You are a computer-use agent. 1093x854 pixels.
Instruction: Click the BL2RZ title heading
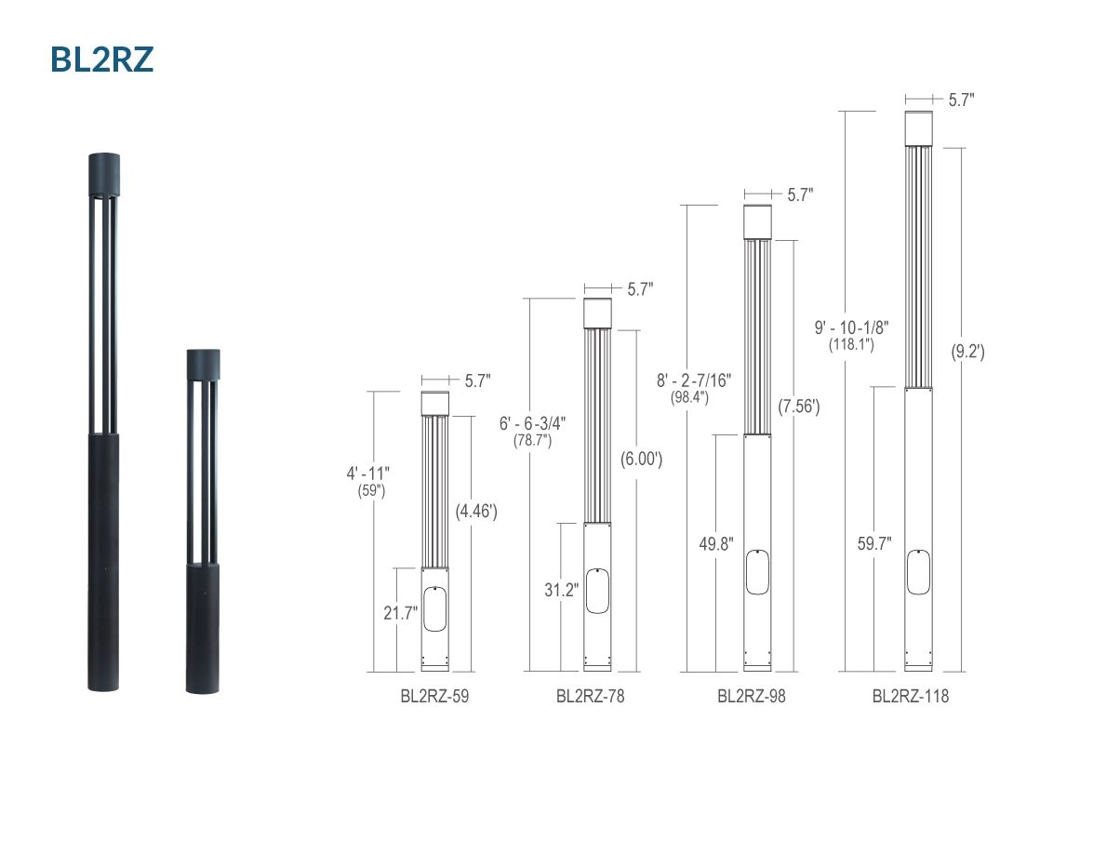pyautogui.click(x=101, y=60)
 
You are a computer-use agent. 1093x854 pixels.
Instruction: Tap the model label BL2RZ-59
pyautogui.click(x=434, y=696)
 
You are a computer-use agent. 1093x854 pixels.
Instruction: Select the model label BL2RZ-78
pyautogui.click(x=591, y=696)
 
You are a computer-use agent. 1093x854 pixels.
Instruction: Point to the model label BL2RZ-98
pyautogui.click(x=752, y=696)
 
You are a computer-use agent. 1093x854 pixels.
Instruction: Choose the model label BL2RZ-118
pyautogui.click(x=911, y=696)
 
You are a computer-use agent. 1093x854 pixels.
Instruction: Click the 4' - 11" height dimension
pyautogui.click(x=368, y=474)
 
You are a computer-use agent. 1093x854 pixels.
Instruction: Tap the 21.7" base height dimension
pyautogui.click(x=401, y=613)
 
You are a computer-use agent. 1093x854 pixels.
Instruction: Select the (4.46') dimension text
pyautogui.click(x=476, y=511)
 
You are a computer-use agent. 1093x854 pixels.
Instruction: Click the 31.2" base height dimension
pyautogui.click(x=562, y=590)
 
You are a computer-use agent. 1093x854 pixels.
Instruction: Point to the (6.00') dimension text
pyautogui.click(x=641, y=459)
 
